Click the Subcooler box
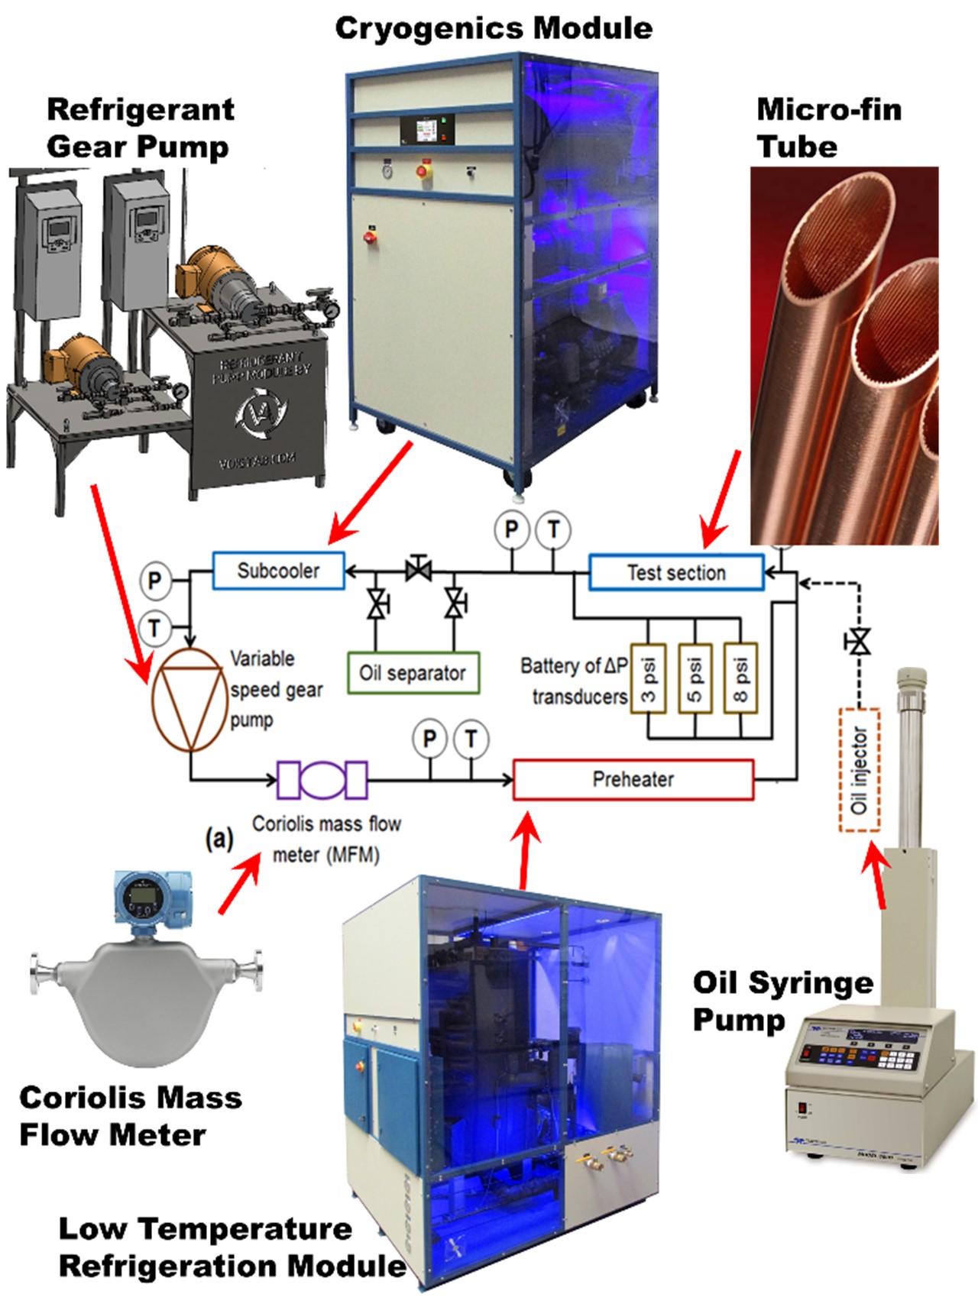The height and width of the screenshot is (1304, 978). click(x=278, y=571)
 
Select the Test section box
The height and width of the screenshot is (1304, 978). click(x=676, y=572)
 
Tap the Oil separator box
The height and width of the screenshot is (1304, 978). click(x=413, y=673)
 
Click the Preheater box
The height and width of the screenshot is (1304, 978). click(x=633, y=779)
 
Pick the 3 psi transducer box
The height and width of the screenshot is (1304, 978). click(x=649, y=677)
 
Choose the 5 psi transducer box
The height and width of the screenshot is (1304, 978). click(x=695, y=677)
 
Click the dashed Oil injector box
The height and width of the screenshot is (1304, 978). click(x=860, y=770)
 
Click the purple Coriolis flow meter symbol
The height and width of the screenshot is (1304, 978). click(x=322, y=780)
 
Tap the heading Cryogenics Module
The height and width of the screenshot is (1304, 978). click(x=494, y=28)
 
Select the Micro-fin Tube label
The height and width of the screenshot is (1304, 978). click(x=828, y=128)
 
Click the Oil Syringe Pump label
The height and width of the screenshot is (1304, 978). click(x=782, y=1000)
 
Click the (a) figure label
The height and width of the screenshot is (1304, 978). click(x=219, y=839)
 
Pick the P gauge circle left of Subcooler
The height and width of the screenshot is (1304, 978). click(x=155, y=581)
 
